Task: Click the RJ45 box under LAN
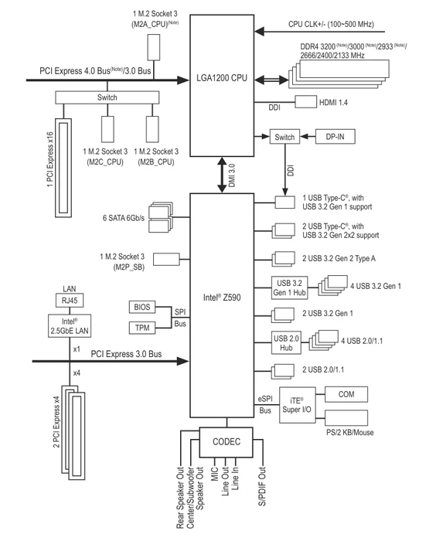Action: click(x=70, y=300)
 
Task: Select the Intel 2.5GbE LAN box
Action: click(x=70, y=325)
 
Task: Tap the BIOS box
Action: click(x=142, y=307)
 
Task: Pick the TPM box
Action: click(x=142, y=328)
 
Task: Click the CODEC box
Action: click(x=226, y=442)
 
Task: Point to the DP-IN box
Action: click(x=336, y=137)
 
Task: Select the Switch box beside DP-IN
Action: click(x=284, y=137)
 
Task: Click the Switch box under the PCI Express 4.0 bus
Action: click(x=107, y=97)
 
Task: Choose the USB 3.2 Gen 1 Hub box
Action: click(x=289, y=288)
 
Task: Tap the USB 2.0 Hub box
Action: click(x=286, y=342)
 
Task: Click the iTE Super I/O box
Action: click(x=297, y=405)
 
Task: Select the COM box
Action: click(x=346, y=394)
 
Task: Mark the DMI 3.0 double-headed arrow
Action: click(x=222, y=175)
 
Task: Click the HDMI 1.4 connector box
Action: click(x=306, y=102)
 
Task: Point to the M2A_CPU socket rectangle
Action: click(x=154, y=47)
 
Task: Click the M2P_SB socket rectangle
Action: click(x=166, y=259)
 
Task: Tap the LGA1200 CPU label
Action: click(x=222, y=78)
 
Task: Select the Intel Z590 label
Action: click(x=222, y=298)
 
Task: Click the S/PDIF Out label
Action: click(x=262, y=486)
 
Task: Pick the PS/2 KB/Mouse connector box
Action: click(x=346, y=417)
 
